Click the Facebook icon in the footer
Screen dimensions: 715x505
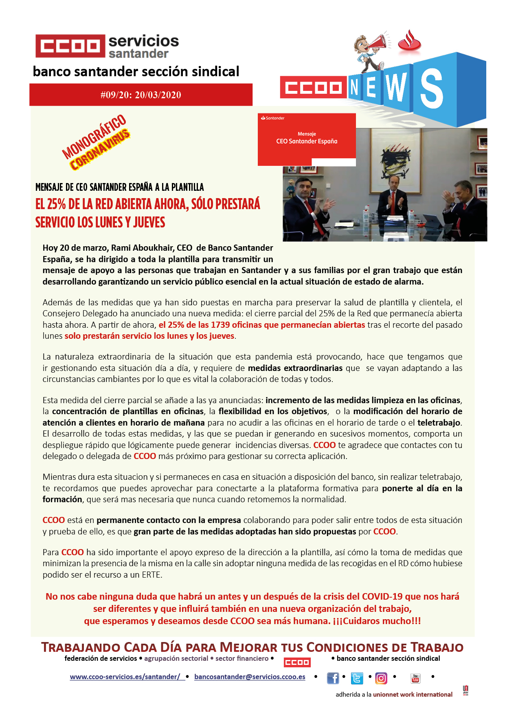tap(333, 678)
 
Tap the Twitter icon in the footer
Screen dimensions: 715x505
tap(357, 678)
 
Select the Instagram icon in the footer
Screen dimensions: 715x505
tap(381, 678)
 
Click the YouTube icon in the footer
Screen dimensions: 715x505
tap(415, 678)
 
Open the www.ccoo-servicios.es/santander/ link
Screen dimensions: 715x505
tap(125, 677)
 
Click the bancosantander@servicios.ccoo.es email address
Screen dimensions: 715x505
tap(250, 677)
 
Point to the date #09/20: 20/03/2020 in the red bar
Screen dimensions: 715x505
tap(141, 95)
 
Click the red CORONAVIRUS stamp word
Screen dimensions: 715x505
tap(100, 150)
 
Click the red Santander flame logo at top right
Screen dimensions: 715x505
tap(409, 41)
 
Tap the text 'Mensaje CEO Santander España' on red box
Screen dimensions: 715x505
tap(307, 138)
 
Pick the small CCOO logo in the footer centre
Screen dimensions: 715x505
tap(297, 662)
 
